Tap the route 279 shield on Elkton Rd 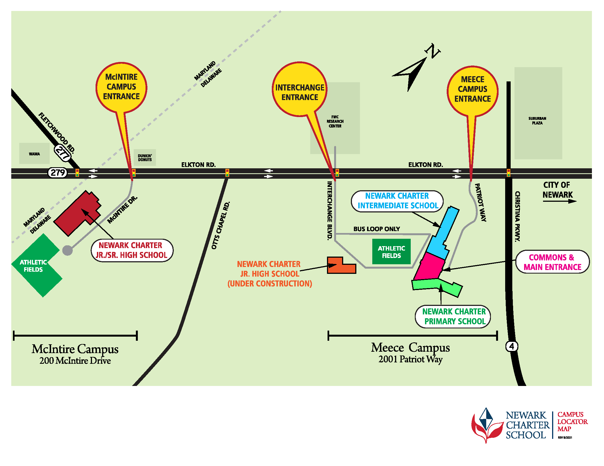tap(58, 173)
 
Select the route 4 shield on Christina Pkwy tap(511, 346)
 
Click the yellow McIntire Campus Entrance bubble tap(121, 87)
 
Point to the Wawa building tap(34, 154)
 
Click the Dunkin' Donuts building tap(145, 158)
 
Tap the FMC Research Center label tap(335, 121)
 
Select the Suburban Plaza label tap(537, 121)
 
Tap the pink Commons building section tap(430, 267)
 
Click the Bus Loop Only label tap(376, 229)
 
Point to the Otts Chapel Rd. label tap(220, 226)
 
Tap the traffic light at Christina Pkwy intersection tap(508, 173)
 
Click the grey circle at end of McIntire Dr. tap(68, 251)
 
